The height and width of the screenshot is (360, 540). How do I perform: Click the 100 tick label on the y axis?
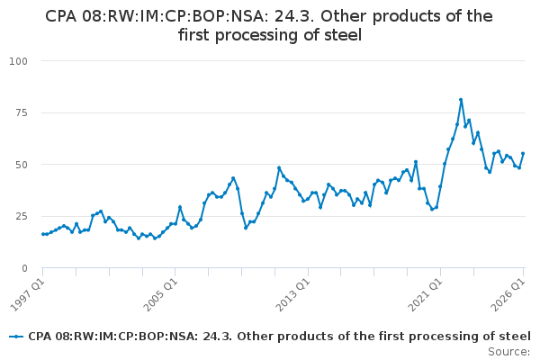[x=18, y=61]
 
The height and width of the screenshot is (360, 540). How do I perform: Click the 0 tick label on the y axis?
[x=24, y=268]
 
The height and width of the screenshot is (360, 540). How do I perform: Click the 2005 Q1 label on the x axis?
[x=160, y=295]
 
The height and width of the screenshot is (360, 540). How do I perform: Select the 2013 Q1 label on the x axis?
[x=293, y=295]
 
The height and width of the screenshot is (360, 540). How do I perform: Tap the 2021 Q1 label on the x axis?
[x=426, y=295]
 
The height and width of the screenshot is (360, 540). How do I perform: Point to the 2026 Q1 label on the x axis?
[x=508, y=295]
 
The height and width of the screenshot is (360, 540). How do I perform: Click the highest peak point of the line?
[x=461, y=100]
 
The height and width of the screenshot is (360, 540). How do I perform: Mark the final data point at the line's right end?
[x=523, y=154]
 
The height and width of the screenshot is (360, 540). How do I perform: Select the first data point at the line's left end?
[x=43, y=234]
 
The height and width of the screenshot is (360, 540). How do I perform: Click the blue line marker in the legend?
[x=16, y=337]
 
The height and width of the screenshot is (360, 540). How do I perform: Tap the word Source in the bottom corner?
[x=508, y=352]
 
